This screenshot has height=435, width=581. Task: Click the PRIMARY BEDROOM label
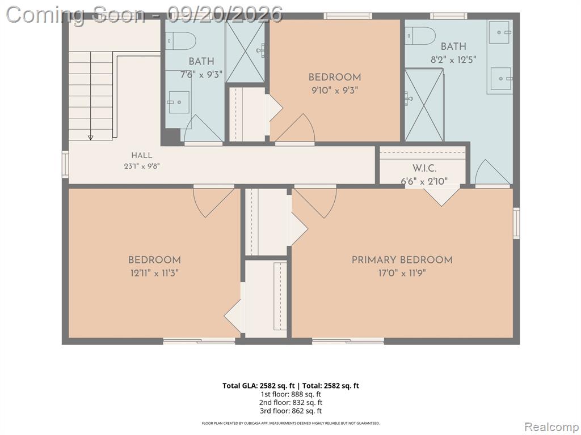(402, 259)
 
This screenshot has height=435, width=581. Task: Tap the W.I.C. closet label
(424, 168)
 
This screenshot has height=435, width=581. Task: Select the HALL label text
(141, 155)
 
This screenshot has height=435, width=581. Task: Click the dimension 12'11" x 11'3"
(154, 274)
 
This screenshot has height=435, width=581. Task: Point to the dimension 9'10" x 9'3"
(335, 90)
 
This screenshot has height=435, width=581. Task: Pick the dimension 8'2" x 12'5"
(453, 59)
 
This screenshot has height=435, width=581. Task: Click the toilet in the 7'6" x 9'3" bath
(180, 41)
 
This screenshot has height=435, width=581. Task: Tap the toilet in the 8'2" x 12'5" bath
(420, 36)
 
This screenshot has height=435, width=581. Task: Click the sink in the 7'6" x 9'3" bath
(179, 102)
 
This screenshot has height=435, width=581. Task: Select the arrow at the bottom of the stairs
(90, 138)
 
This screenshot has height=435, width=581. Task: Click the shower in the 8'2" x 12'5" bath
(424, 105)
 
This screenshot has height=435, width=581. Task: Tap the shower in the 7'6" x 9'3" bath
(245, 52)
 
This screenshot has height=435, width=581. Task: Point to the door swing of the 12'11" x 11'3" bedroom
(214, 202)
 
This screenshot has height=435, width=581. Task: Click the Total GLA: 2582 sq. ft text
(258, 386)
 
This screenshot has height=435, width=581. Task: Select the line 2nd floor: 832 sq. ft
(291, 403)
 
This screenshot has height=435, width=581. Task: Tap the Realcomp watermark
(551, 427)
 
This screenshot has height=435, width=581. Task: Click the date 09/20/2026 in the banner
(225, 14)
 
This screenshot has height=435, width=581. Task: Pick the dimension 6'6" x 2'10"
(424, 181)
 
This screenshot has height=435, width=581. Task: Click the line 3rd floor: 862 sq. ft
(291, 411)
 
